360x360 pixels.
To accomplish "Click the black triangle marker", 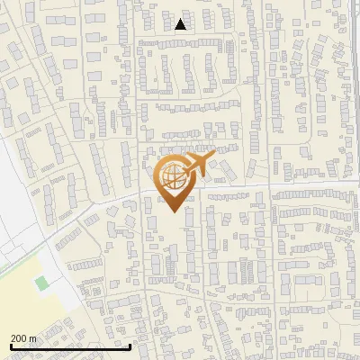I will pos(181,25).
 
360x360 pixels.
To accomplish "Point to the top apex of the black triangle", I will pos(181,20).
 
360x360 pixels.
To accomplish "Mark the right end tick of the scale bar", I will pos(130,345).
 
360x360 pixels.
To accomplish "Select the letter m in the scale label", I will pos(34,338).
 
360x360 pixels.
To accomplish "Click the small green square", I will pos(40,284).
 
